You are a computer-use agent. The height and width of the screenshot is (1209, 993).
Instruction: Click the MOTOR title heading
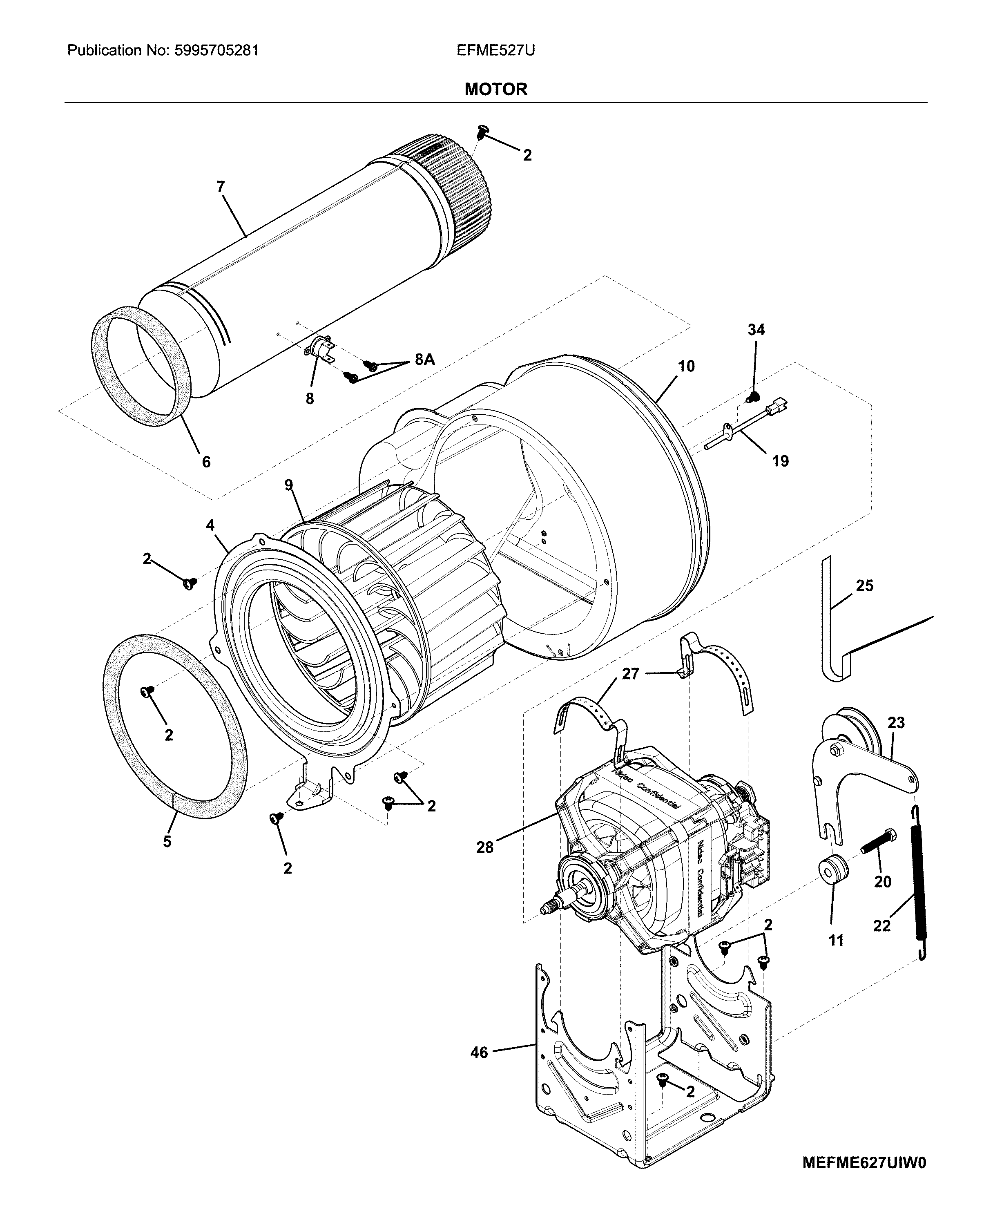pos(495,89)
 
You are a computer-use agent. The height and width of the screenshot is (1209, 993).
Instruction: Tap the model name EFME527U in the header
pos(495,50)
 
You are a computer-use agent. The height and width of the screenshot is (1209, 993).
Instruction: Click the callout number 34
pos(756,330)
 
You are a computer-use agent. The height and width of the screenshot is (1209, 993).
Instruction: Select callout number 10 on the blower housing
pos(686,366)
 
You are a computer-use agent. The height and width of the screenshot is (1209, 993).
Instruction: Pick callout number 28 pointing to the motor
pos(484,847)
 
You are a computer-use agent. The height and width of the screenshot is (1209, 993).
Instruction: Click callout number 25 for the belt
pos(864,586)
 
